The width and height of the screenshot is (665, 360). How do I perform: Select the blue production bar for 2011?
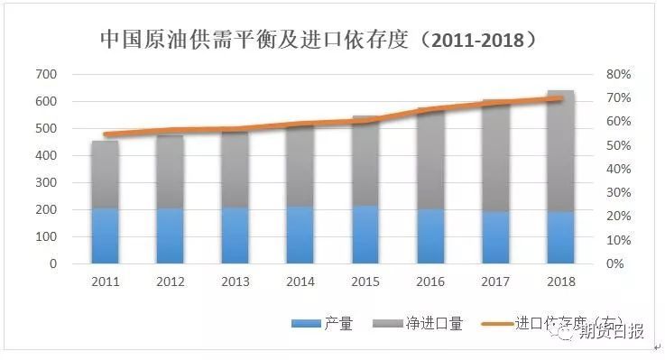coord(105,235)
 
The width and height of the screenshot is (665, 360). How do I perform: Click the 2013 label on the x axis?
coord(235,282)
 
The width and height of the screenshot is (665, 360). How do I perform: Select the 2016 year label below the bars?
coord(430,282)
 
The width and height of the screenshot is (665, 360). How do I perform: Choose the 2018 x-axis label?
coord(560,282)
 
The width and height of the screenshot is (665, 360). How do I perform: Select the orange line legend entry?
coord(550,323)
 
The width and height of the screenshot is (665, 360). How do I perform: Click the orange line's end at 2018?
coord(561,97)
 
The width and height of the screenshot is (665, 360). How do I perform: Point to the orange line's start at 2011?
coord(105,134)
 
